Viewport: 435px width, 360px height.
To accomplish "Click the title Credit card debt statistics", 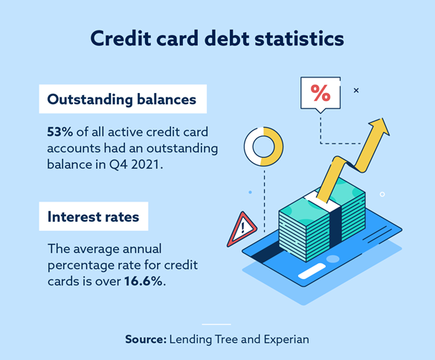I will [217, 39].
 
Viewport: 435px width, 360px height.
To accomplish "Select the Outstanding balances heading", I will [122, 99].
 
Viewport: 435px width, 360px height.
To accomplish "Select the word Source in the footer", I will [145, 339].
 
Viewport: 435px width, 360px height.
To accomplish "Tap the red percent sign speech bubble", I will [320, 94].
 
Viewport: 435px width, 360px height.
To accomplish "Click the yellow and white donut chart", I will [263, 144].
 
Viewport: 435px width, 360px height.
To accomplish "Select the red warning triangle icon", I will [242, 229].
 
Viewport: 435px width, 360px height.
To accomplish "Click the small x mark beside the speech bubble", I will [355, 90].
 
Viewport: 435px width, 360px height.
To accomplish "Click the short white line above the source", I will [217, 324].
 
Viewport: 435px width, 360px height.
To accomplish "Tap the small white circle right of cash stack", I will [382, 194].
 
